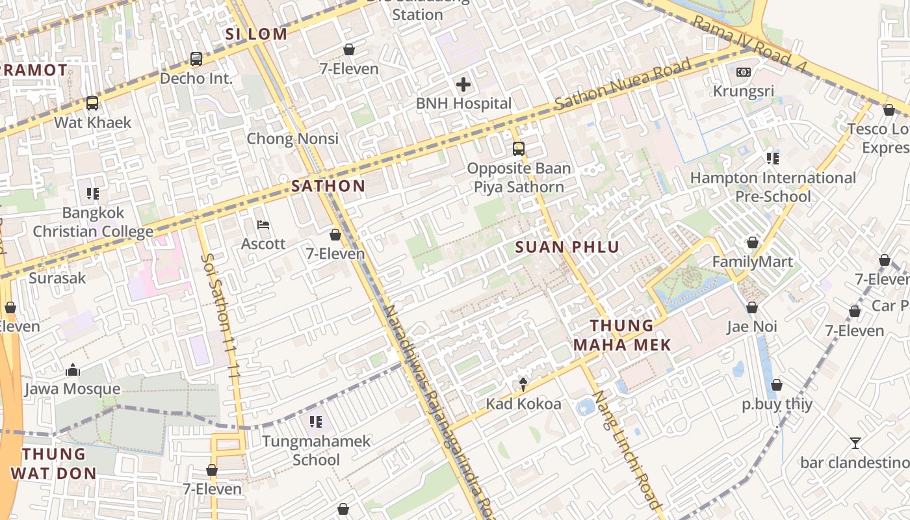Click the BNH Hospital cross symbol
463,84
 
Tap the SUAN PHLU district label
567,247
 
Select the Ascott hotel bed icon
263,226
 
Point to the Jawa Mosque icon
73,370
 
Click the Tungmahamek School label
316,450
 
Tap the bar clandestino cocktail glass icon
855,443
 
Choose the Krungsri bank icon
744,72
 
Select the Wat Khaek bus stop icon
92,103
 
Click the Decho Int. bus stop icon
196,59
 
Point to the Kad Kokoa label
523,404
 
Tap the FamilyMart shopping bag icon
753,243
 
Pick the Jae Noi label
751,326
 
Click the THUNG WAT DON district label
54,463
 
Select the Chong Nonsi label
292,138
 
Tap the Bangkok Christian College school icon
93,194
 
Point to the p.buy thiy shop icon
777,385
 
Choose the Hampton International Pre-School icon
773,159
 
